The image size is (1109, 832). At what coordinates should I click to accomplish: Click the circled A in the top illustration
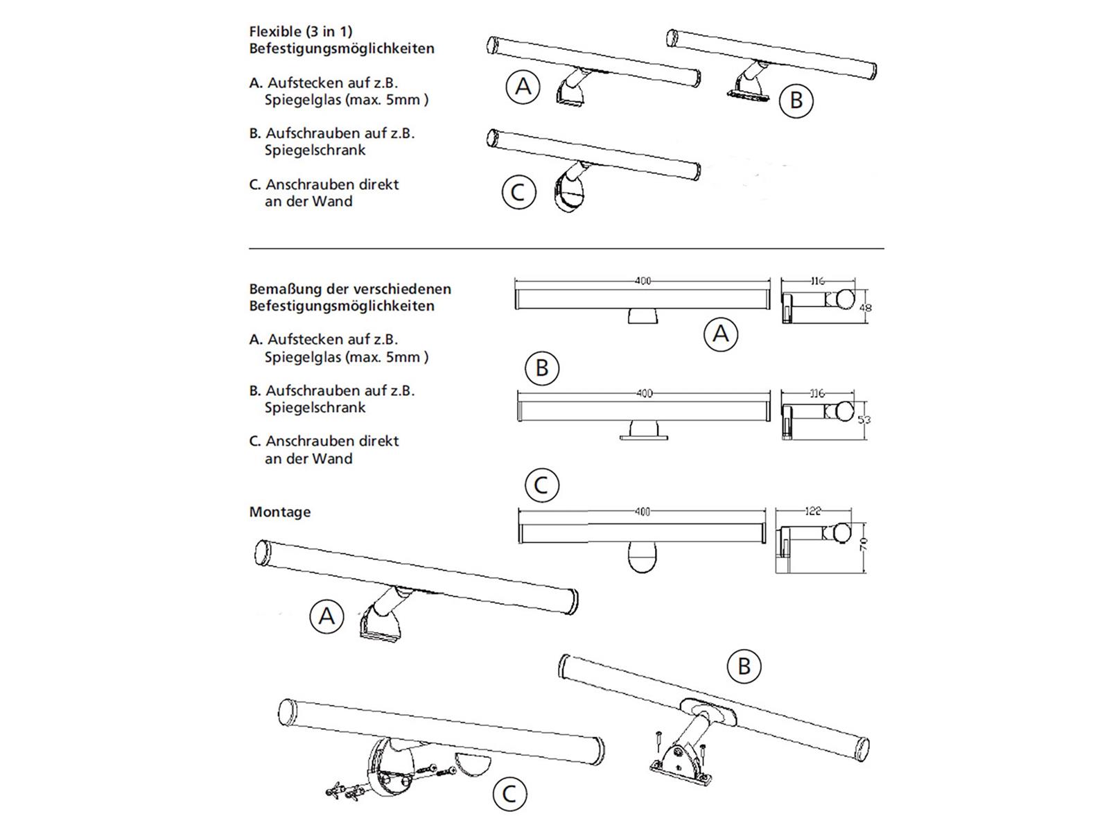tap(523, 87)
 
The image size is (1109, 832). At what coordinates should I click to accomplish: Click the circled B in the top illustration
tap(796, 101)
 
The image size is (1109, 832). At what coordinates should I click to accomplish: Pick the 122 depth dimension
tap(813, 511)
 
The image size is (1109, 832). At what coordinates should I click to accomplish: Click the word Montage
tap(280, 512)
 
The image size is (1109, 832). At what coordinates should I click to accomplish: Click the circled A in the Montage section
tap(326, 616)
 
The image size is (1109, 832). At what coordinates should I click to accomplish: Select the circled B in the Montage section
tap(744, 666)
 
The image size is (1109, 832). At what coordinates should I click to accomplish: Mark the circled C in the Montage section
tap(509, 794)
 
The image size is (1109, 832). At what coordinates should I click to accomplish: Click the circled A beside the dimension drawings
tap(720, 334)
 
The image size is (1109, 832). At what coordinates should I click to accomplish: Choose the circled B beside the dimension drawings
tap(542, 367)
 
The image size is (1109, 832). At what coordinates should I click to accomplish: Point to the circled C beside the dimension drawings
tap(541, 485)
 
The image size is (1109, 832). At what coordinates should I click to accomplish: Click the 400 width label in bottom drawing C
tap(643, 512)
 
